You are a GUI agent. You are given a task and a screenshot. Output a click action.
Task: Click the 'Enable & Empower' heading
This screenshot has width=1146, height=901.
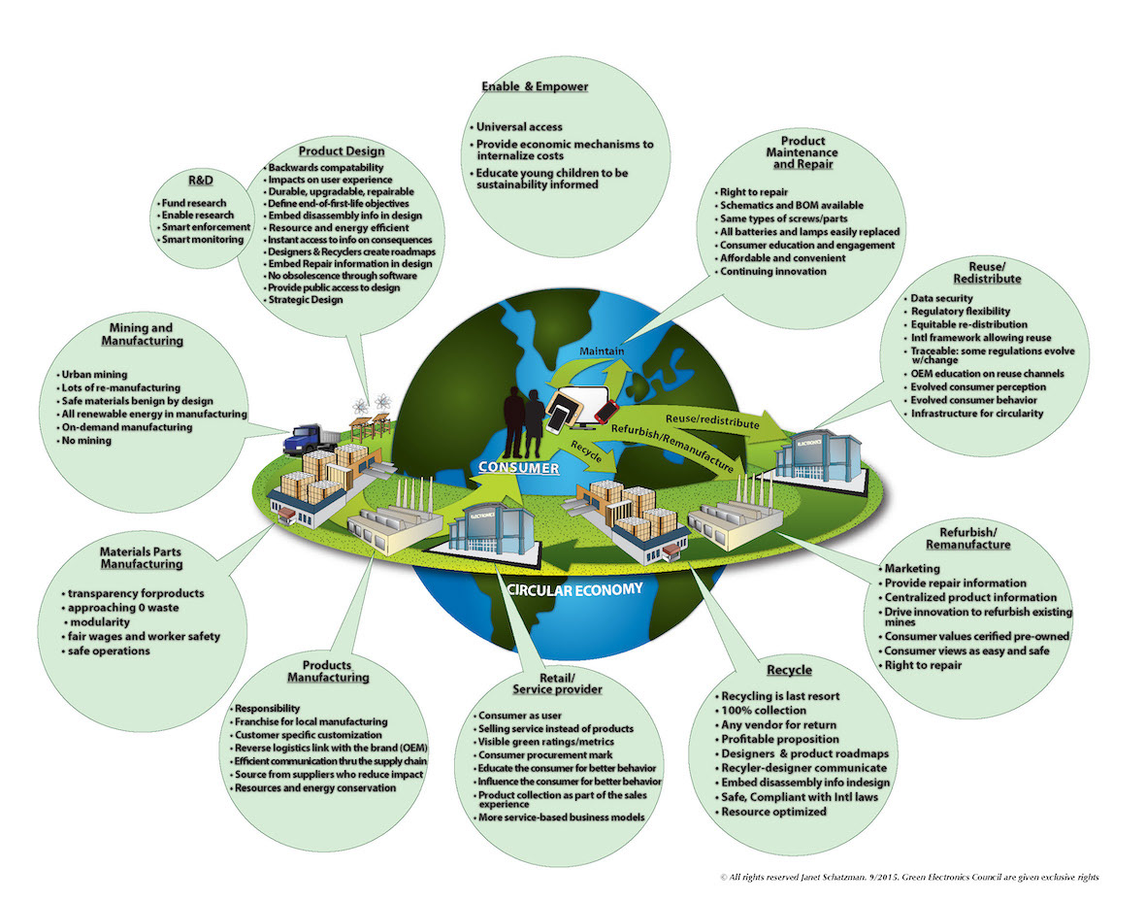(x=535, y=86)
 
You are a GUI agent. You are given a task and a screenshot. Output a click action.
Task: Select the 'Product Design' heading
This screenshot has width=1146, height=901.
(x=342, y=151)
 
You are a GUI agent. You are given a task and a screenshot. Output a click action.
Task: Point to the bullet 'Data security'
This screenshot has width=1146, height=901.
(x=944, y=297)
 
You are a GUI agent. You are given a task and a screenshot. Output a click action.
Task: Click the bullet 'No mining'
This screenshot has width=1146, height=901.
(x=87, y=440)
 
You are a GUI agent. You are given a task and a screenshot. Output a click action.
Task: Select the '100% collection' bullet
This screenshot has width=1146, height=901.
(x=764, y=711)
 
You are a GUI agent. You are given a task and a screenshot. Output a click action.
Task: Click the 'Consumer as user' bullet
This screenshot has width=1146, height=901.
(x=513, y=715)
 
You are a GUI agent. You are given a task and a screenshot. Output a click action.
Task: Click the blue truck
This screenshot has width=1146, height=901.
(x=303, y=441)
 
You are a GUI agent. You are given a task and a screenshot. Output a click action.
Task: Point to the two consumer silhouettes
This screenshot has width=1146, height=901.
(x=525, y=419)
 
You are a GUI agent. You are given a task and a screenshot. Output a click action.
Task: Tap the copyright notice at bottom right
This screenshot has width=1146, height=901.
(x=909, y=877)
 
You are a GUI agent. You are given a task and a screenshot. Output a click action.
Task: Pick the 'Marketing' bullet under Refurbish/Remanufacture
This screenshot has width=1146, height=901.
(x=912, y=568)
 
